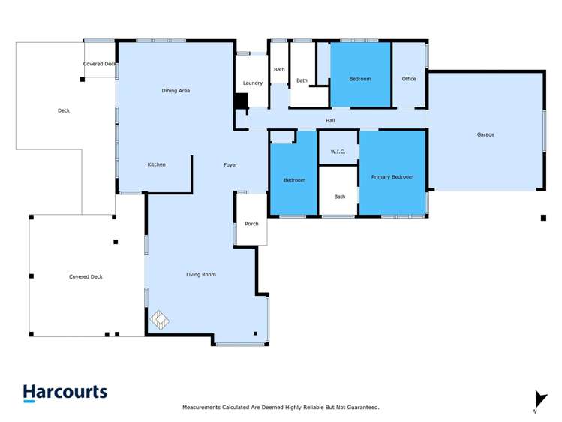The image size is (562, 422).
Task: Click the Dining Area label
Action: pos(176,91)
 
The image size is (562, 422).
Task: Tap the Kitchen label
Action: pos(156,164)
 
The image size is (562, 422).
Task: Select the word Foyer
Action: pos(230,164)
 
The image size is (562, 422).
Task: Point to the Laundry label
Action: pos(253,83)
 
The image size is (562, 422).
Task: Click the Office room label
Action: pos(408,79)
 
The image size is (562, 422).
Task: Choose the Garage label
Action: pos(485,134)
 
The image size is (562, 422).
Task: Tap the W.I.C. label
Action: pos(338,152)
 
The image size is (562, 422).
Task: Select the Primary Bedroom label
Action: pos(392,177)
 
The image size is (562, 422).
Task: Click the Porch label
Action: pos(251,224)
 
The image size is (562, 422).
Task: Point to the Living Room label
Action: pos(200,275)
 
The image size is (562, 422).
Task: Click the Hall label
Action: pos(330,121)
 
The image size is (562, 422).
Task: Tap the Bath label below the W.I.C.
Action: pos(339,197)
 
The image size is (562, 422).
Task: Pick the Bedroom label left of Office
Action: pos(360,79)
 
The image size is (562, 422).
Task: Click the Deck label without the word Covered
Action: pos(63,110)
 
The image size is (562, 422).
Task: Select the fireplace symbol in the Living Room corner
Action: pos(160,321)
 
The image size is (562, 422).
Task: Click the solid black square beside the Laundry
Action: pos(241,101)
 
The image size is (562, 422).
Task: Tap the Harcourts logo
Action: pos(65,393)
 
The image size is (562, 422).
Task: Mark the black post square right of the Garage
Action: pos(543,218)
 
